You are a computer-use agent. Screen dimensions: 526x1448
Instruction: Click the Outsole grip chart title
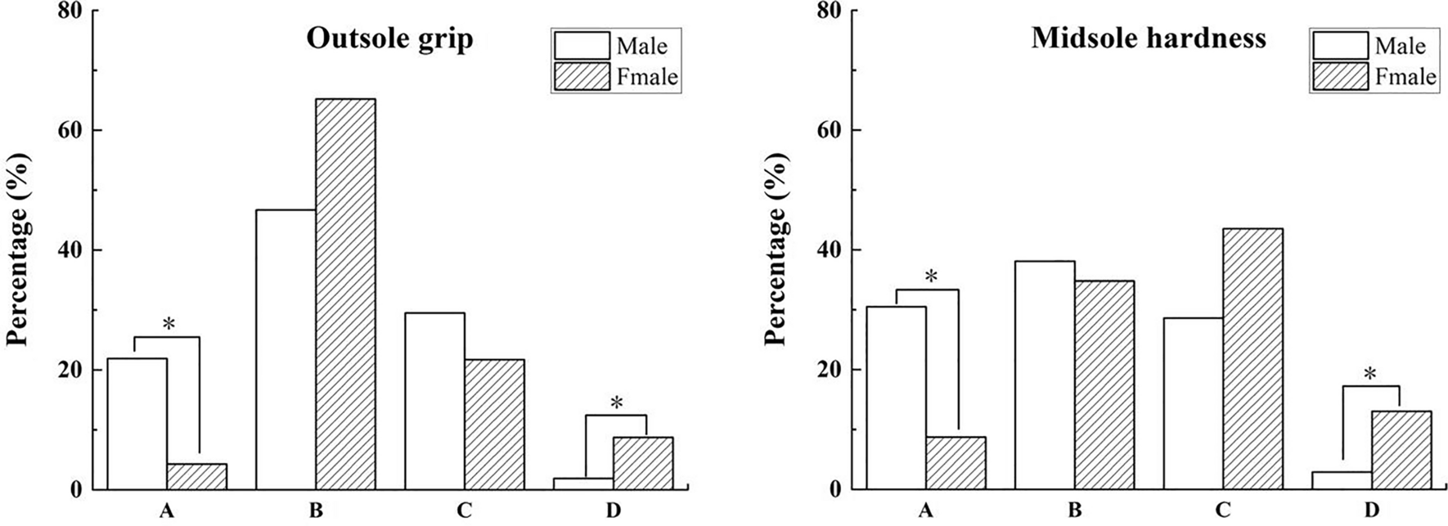pyautogui.click(x=389, y=38)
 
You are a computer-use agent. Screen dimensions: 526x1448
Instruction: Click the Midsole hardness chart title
pyautogui.click(x=1148, y=38)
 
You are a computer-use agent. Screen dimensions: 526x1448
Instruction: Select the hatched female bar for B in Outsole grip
pyautogui.click(x=345, y=294)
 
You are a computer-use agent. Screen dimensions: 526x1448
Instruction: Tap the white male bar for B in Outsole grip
pyautogui.click(x=286, y=349)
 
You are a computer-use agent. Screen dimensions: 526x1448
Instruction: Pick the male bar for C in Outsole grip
pyautogui.click(x=434, y=401)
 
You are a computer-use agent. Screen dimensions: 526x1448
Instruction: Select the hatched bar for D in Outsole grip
pyautogui.click(x=642, y=463)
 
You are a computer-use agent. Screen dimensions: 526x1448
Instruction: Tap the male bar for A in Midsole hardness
pyautogui.click(x=896, y=398)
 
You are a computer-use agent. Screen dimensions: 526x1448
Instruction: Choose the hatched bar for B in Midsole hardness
pyautogui.click(x=1104, y=384)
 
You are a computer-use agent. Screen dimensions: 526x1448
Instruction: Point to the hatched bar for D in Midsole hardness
pyautogui.click(x=1401, y=450)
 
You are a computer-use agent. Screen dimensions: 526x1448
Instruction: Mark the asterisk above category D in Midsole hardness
pyautogui.click(x=1369, y=375)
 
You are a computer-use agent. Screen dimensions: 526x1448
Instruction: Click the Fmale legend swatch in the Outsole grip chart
pyautogui.click(x=582, y=77)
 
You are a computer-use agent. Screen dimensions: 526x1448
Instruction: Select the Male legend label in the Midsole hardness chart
pyautogui.click(x=1400, y=46)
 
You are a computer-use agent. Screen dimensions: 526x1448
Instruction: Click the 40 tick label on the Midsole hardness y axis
pyautogui.click(x=830, y=250)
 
